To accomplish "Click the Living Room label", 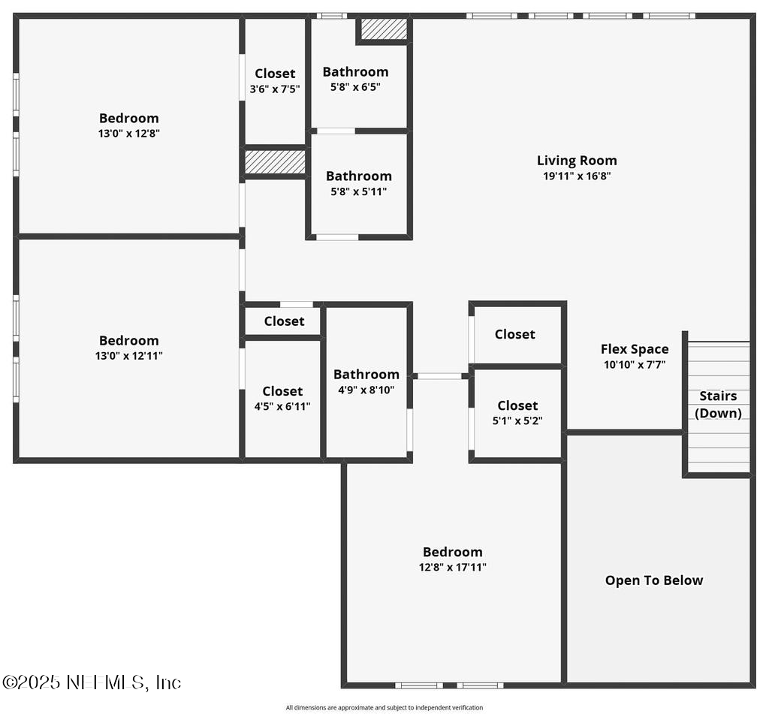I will coord(577,160).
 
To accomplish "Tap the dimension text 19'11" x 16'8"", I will coord(577,176).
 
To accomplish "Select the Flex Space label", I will coord(634,349).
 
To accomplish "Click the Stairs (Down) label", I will coord(718,405).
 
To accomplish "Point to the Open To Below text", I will coord(654,580).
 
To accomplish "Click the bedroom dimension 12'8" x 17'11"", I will coord(452,568).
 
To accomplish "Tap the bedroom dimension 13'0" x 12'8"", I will coord(128,134).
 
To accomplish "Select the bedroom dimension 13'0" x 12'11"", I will coord(128,356).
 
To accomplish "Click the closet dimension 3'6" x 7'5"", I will coord(275,89).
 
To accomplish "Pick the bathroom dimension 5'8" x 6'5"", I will coord(355,87).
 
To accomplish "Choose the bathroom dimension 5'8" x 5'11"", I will coord(358,191).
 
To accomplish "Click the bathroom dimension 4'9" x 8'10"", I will coord(366,390).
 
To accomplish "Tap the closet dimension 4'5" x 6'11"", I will coord(282,406).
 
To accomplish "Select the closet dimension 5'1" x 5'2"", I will coord(517,421).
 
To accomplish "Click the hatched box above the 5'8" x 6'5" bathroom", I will coord(384,29).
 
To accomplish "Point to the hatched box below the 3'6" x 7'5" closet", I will coord(275,162).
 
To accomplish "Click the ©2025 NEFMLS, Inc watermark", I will coord(92,682).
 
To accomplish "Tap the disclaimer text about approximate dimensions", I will coord(384,707).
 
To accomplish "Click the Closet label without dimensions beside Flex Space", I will coord(514,334).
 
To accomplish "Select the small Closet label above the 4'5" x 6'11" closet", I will coord(284,321).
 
